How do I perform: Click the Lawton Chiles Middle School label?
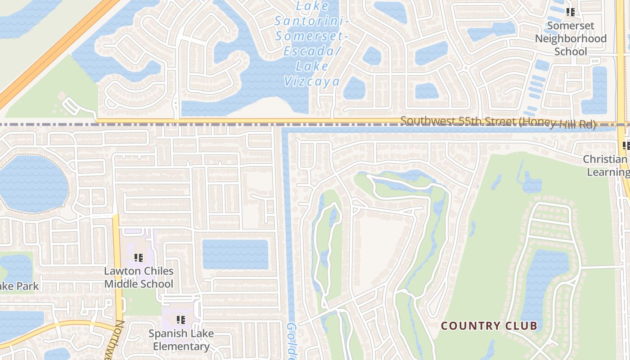click(139, 277)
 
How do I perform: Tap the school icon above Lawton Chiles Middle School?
click(139, 258)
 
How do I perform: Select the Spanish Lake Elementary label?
click(181, 340)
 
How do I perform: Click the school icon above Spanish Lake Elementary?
click(181, 320)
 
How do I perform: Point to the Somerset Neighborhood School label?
click(571, 39)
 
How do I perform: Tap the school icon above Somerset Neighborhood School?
click(571, 12)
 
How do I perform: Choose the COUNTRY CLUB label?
click(489, 326)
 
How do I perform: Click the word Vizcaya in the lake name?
click(311, 81)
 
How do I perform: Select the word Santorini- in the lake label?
click(312, 21)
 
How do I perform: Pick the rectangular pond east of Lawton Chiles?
click(235, 254)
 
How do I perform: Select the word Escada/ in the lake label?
click(312, 51)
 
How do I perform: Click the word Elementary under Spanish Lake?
click(181, 346)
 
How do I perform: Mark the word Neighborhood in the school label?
click(571, 39)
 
